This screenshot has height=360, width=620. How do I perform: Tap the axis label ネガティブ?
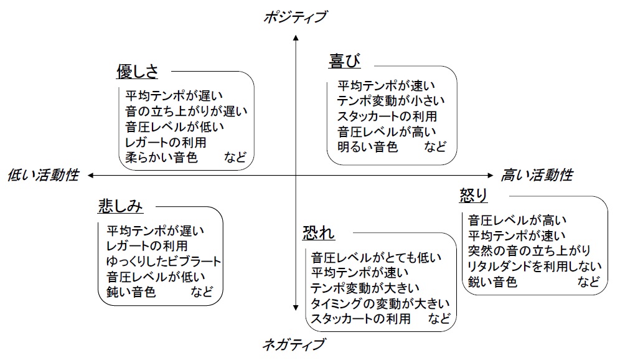pos(294,344)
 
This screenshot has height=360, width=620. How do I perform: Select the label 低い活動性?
pos(43,175)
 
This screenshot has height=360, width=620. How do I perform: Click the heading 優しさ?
pos(137,72)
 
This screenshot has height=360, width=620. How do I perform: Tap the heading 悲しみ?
pos(121,206)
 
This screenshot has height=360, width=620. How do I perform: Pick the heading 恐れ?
pos(319,233)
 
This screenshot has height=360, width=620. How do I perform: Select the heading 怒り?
pos(473,196)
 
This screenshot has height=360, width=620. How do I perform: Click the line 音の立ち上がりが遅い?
pos(186,111)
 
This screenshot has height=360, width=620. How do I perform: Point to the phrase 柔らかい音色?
pos(161,158)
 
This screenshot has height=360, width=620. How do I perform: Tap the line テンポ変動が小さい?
pos(392,101)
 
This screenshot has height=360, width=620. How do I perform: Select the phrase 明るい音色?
pos(368,148)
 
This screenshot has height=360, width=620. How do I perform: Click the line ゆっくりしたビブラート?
pos(164,261)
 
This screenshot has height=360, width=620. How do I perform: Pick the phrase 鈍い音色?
pos(131,291)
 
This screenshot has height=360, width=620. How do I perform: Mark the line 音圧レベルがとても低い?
pos(377,257)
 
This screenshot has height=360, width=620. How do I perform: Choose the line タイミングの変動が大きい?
pos(380,304)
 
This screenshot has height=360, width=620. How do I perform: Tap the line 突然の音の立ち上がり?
pos(529,251)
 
